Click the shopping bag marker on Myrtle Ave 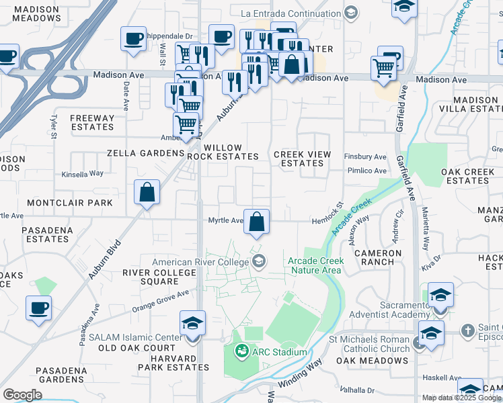pos(256,222)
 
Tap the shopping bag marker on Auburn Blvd pos(147,192)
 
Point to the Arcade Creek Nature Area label pos(315,265)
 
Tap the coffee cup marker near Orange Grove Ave pos(38,309)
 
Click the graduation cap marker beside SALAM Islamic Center pos(192,323)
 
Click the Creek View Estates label pos(302,159)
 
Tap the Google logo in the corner pos(22,395)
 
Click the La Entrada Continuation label pos(291,13)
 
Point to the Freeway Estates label pos(92,122)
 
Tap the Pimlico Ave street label pos(366,171)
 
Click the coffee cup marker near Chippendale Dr pos(133,39)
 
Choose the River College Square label pos(159,277)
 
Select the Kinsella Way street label pos(82,173)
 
